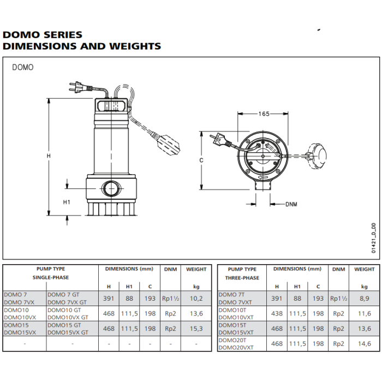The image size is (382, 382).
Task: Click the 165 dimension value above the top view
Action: (x=264, y=114)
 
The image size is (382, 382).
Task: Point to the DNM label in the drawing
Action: (x=291, y=204)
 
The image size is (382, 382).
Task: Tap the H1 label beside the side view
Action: (x=67, y=202)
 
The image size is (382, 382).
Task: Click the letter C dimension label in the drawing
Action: (x=201, y=160)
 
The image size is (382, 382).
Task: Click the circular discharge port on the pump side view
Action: (x=111, y=188)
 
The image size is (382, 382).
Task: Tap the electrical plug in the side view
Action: (x=80, y=87)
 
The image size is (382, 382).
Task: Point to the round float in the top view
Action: (x=317, y=155)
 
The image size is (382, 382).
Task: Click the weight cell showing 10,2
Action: (x=196, y=299)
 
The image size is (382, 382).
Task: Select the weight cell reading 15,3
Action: (x=196, y=329)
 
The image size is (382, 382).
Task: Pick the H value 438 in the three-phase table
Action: (x=277, y=314)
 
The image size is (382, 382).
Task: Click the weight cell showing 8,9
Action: (x=364, y=299)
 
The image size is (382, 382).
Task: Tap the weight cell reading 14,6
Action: (x=364, y=344)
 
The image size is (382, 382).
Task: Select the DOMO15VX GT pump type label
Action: (x=68, y=332)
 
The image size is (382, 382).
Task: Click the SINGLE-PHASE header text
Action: (x=51, y=277)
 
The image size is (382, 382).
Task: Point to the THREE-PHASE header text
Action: (x=242, y=278)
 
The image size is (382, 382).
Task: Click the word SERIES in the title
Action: (x=63, y=34)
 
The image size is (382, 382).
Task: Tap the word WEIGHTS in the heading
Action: (x=135, y=46)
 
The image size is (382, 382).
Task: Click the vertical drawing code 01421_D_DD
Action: (x=374, y=238)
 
